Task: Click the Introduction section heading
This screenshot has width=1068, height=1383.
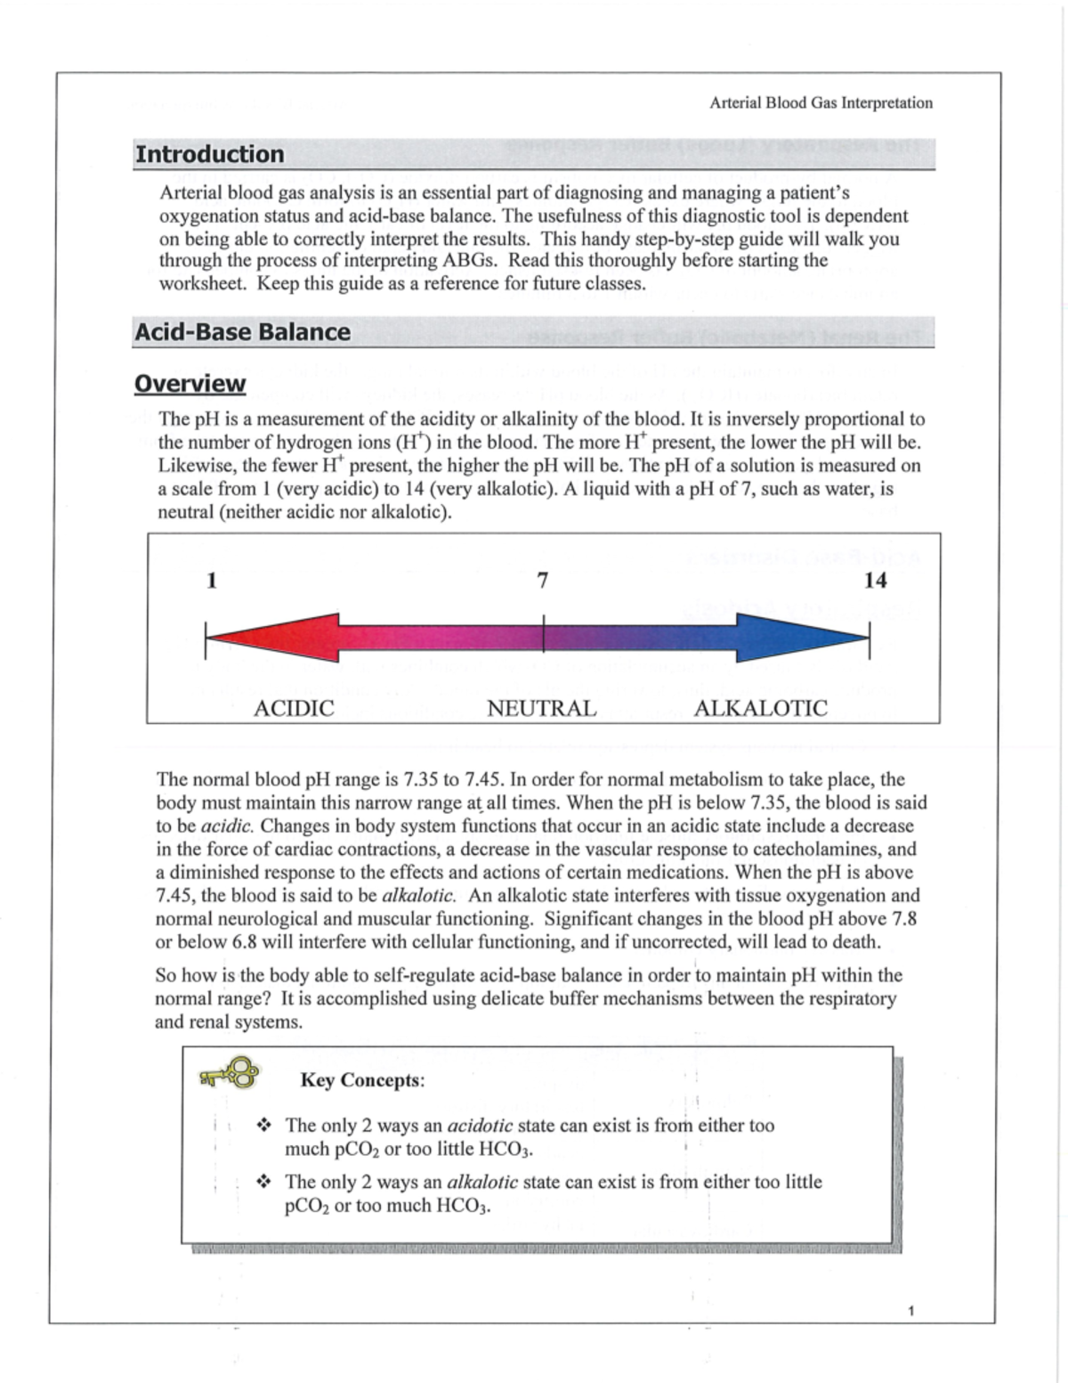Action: click(209, 154)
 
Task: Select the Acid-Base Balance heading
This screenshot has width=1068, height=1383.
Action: click(242, 332)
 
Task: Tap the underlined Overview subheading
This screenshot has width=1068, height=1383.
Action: click(190, 384)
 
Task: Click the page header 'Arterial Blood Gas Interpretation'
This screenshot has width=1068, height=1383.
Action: click(821, 102)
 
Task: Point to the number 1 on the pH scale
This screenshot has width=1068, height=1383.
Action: click(212, 581)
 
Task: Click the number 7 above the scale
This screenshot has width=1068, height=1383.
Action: click(543, 581)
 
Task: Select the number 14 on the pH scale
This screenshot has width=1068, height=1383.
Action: click(875, 581)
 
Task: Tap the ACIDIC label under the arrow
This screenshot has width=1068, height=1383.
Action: click(294, 708)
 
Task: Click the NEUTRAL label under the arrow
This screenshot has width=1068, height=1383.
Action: click(541, 708)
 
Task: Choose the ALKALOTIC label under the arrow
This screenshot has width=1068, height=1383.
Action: click(760, 708)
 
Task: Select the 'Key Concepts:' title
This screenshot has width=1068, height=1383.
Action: click(362, 1080)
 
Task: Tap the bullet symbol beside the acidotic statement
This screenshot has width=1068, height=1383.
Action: click(263, 1126)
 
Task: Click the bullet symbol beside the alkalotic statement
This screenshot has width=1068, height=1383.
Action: click(263, 1183)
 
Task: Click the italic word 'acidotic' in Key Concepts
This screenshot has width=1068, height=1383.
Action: click(480, 1126)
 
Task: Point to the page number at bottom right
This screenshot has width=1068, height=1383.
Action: click(910, 1311)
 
